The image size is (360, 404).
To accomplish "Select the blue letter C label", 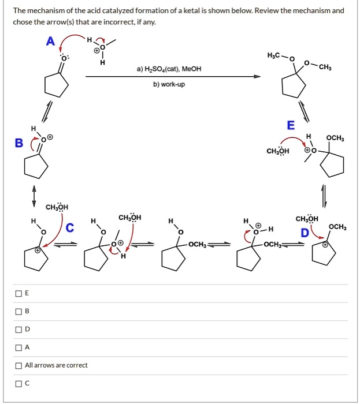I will click(70, 229).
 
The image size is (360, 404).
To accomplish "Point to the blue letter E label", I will click(290, 125).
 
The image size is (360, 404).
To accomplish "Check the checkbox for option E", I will click(19, 294).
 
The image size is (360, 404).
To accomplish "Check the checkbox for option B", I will click(19, 312).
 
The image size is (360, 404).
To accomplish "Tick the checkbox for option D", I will click(19, 330).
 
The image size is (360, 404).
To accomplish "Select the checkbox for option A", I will click(19, 347).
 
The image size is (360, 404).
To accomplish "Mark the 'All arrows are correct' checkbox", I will click(19, 365).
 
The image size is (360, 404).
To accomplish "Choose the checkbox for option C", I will click(19, 383).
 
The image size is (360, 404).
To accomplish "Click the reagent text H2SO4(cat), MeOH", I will click(169, 69).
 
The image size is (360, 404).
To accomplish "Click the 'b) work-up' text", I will click(169, 84).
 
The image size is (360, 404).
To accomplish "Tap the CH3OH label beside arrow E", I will click(277, 151).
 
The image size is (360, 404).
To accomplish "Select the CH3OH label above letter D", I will click(306, 219).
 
